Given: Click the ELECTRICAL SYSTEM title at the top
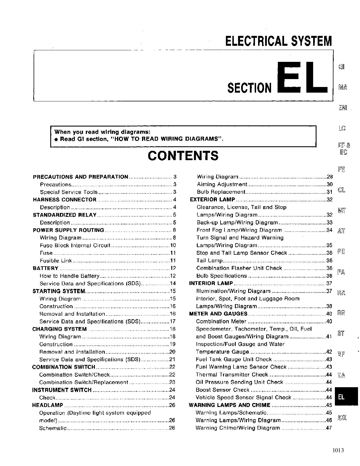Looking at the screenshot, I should pos(278,41).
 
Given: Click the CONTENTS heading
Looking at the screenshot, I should pos(183,156).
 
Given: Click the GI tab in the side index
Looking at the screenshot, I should pos(341,67).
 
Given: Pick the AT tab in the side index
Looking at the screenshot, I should pos(341,231).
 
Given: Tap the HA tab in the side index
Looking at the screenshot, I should pos(341,375).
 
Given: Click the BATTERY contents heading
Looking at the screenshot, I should pos(46,268).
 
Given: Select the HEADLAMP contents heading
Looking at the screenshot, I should pos(48,405).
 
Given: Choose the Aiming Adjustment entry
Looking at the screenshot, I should pos(222,184).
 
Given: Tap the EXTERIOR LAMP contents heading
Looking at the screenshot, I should pos(212,200).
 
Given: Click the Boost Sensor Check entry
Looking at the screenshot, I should pos(222,390).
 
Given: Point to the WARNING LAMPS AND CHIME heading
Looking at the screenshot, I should pos(230,405).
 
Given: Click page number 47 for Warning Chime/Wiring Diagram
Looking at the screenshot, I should pos(329,428).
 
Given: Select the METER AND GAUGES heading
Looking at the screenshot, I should pos(218,314).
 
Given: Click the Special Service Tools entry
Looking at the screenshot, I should pos(69,192).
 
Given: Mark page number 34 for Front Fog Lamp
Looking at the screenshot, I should pos(329,230).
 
